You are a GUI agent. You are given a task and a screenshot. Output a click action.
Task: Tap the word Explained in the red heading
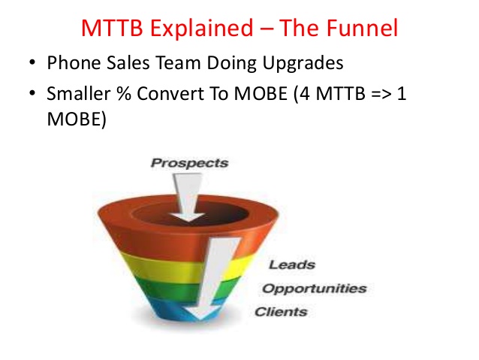click(201, 29)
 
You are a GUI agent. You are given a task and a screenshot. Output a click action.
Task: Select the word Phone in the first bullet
click(74, 62)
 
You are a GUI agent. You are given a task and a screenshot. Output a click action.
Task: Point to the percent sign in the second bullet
click(124, 93)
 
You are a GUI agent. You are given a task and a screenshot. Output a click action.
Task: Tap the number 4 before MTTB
click(305, 94)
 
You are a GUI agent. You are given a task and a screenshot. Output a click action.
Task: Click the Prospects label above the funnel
click(189, 163)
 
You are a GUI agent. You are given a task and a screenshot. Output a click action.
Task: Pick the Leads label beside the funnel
click(292, 265)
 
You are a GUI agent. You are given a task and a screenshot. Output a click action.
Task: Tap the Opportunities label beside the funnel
click(315, 289)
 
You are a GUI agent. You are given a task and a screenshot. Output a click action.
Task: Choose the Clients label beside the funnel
click(281, 312)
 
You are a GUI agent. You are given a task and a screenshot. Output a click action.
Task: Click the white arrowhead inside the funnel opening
click(188, 216)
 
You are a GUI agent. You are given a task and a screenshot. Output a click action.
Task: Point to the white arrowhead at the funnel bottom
click(200, 313)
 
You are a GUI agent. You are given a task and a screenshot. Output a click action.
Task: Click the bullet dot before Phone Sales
click(32, 62)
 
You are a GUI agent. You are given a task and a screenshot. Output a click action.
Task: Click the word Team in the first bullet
click(178, 62)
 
